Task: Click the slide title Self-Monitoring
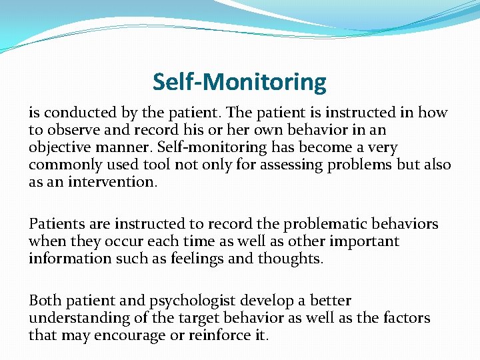(x=239, y=82)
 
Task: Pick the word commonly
(x=60, y=165)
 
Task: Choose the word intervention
(x=101, y=182)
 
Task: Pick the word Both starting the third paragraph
(x=44, y=301)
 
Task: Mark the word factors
(x=406, y=318)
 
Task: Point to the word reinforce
(x=219, y=335)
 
